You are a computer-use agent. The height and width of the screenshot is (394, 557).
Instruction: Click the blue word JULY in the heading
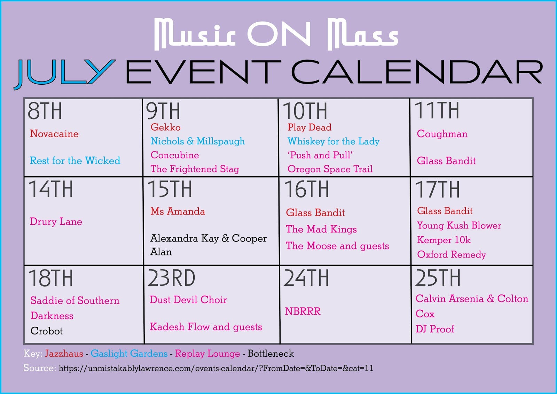65,74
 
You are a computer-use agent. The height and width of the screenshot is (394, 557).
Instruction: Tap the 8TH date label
45,111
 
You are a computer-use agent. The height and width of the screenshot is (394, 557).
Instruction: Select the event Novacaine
54,134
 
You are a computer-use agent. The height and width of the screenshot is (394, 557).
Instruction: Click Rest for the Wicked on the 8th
75,161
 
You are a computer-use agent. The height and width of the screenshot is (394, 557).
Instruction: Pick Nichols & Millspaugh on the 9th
198,141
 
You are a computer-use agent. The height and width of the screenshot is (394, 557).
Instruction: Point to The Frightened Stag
195,169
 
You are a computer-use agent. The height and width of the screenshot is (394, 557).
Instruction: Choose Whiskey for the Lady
334,141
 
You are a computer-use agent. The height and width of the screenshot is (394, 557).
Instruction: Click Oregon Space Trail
330,169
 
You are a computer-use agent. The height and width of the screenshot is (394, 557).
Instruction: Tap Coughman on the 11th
442,134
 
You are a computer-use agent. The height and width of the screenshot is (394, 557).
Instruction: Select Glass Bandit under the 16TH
315,213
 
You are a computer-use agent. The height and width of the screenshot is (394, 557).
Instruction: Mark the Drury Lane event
56,222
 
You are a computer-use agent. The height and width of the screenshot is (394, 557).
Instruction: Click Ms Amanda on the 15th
178,211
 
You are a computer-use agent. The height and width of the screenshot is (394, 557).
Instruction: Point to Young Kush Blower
459,225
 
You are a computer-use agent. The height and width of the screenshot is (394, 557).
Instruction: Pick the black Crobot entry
47,331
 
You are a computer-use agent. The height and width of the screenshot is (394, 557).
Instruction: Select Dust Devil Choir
188,300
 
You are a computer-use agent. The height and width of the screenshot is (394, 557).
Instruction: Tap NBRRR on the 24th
303,311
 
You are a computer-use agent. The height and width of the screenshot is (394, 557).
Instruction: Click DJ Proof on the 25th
435,329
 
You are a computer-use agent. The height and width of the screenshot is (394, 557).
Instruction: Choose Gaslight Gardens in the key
129,354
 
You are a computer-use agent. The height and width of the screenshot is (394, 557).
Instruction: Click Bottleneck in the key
270,354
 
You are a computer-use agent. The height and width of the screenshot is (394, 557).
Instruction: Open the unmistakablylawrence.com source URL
216,368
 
